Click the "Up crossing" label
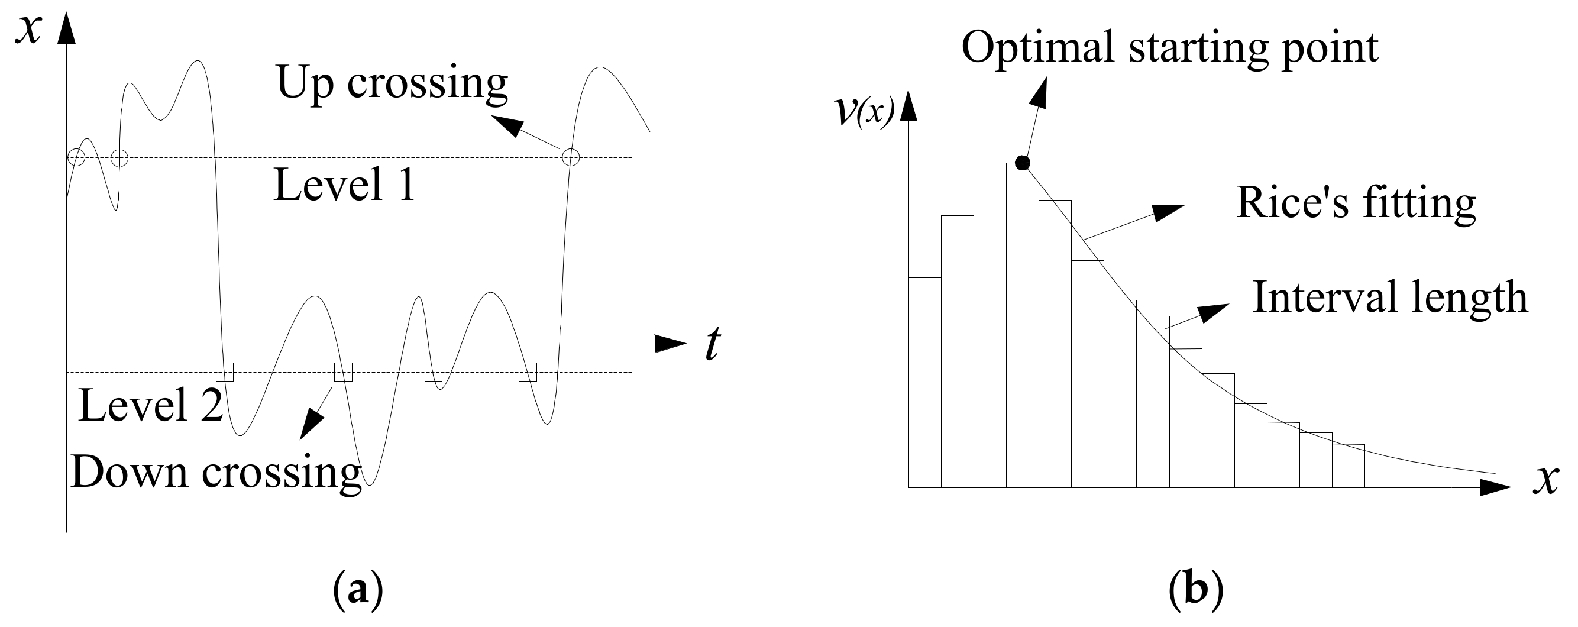pos(392,83)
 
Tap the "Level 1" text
pos(344,185)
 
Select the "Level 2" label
pos(151,405)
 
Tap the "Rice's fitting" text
pos(1356,203)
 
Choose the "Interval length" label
pos(1390,298)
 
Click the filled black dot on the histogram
pos(1023,163)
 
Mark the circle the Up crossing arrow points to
pos(570,157)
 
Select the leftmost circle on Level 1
pos(76,157)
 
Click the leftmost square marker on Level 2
pos(225,372)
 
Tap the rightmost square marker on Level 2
pos(528,372)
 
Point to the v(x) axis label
pos(864,111)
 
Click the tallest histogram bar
pos(1023,325)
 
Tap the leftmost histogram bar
pos(924,383)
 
